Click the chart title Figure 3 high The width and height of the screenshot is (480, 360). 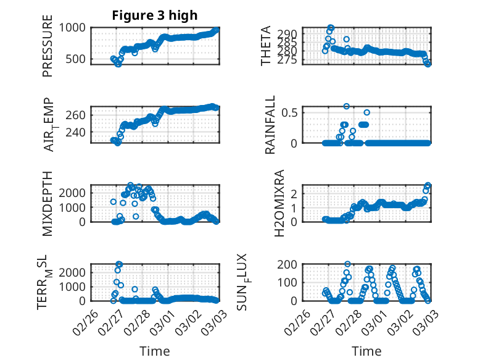coord(154,15)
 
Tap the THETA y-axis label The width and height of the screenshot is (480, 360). coord(266,46)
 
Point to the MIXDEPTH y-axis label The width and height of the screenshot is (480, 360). coord(48,204)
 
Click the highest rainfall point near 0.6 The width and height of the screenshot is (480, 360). coord(347,106)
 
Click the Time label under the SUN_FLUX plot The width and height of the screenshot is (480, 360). coord(366,351)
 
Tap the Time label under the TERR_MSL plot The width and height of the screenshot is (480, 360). coord(154,351)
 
